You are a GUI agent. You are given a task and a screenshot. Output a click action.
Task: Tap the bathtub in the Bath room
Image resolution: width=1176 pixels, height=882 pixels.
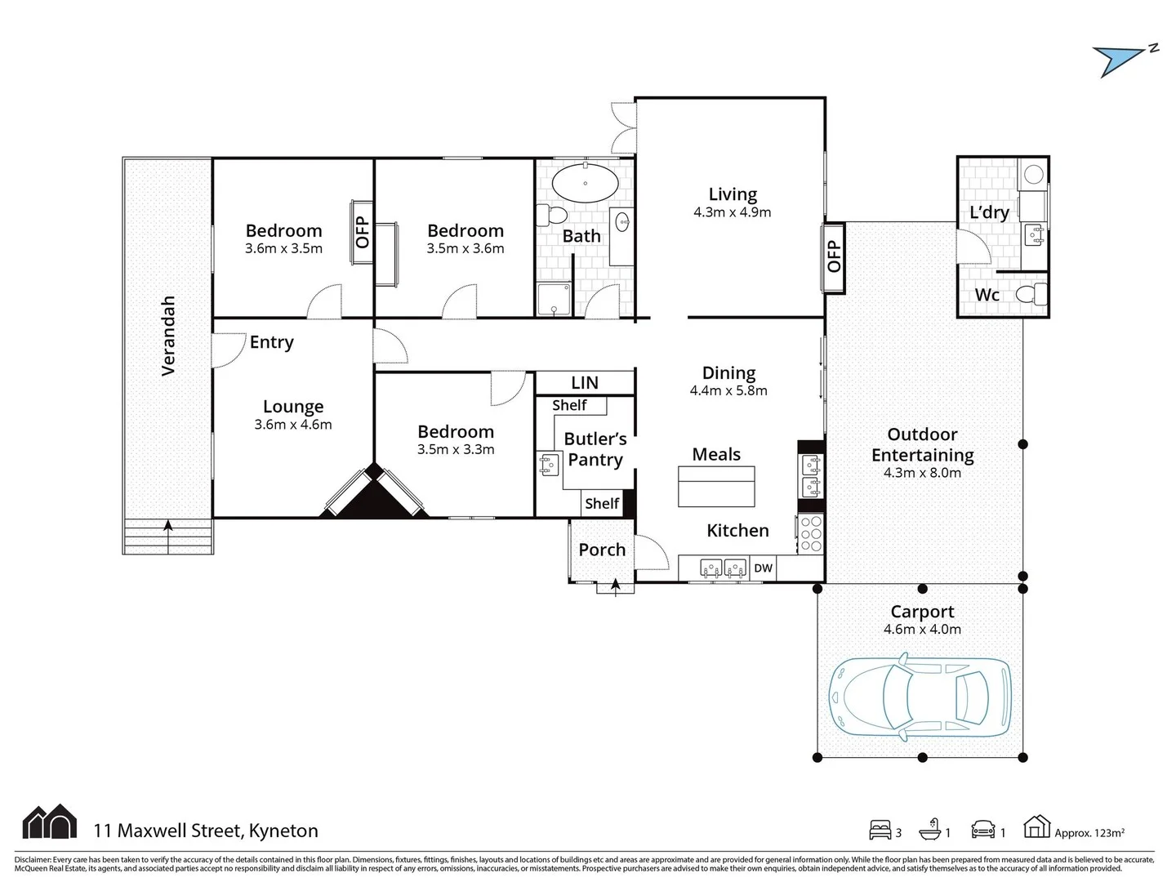coord(585,183)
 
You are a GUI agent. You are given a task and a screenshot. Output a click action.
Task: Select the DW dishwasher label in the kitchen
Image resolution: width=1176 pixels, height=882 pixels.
coord(763,568)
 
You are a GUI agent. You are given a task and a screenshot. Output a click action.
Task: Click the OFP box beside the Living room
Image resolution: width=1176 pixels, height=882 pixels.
coord(833,256)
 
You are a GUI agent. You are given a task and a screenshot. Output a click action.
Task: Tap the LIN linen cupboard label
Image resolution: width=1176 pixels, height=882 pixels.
coord(585,382)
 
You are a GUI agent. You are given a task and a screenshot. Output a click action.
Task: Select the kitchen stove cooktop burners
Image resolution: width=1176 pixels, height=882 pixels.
coord(811,532)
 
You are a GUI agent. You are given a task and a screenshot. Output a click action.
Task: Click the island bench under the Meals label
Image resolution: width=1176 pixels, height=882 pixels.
coord(716,487)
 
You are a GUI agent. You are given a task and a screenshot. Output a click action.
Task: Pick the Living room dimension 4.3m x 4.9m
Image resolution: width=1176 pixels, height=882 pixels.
coord(732,212)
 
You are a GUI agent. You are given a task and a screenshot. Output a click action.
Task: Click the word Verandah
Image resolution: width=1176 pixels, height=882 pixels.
coord(168,336)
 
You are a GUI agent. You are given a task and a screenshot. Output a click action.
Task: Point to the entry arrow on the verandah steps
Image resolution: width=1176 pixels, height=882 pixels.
coord(168,526)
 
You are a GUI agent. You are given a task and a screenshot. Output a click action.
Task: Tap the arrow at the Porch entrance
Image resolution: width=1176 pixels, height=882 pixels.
coord(614,585)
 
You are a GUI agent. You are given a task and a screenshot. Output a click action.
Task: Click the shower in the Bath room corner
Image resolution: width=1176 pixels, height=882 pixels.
coord(554,300)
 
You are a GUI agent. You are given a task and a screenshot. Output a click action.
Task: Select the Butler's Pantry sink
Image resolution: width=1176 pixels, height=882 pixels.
coord(547,465)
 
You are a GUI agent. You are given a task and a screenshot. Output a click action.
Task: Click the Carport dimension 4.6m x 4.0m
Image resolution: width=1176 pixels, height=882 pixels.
coord(922,630)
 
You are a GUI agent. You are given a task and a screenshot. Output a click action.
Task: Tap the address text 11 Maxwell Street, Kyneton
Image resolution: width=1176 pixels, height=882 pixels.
coord(206,831)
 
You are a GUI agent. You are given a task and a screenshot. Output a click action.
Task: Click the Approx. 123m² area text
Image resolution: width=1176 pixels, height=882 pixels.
coord(1089,833)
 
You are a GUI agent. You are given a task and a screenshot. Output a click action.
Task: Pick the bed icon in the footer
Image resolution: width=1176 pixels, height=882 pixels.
coord(880,831)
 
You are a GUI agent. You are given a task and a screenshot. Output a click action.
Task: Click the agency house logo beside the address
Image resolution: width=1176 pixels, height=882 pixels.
coord(50,822)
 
